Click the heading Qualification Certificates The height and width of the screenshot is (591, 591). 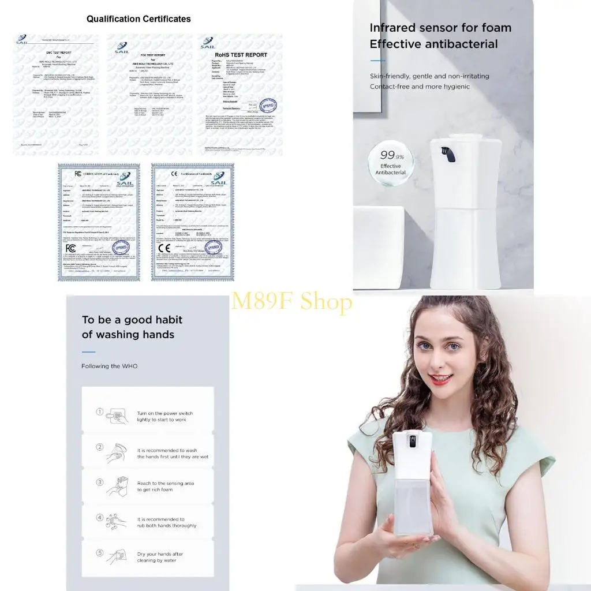(139, 19)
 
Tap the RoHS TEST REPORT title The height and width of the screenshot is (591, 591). (241, 55)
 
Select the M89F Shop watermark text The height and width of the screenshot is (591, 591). (291, 301)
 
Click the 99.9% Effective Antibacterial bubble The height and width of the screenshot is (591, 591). (390, 163)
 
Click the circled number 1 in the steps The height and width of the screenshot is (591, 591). (99, 412)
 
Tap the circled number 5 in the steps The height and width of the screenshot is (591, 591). (99, 553)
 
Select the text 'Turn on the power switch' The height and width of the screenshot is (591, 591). (165, 413)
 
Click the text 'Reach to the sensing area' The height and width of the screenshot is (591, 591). (165, 483)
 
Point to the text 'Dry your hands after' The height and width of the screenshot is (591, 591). (160, 554)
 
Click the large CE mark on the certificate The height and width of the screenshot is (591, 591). (164, 249)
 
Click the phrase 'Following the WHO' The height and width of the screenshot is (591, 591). (110, 366)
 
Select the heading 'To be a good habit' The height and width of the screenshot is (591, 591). (132, 320)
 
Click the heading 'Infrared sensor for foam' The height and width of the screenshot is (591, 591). (440, 28)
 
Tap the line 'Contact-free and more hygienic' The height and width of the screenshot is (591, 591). (420, 87)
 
